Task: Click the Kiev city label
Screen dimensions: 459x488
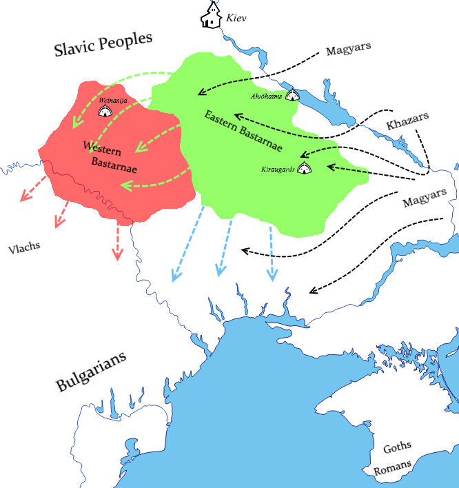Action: point(236,18)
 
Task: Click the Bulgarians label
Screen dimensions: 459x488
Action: point(92,372)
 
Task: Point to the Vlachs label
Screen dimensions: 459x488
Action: point(24,246)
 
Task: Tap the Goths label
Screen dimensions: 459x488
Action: point(396,448)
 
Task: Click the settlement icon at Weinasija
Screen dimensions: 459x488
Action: point(107,110)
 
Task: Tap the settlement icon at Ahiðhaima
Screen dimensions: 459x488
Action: point(293,96)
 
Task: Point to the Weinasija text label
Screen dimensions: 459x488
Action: point(113,100)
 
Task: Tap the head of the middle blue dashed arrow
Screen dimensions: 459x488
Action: point(221,271)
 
